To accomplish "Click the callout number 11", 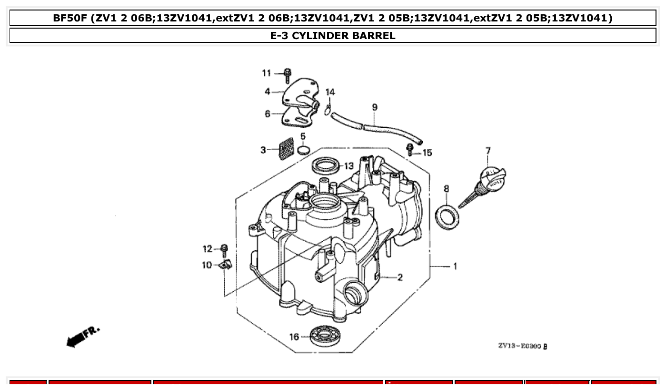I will coord(266,73).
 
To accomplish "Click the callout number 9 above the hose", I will coord(375,107).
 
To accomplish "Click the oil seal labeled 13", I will coord(327,165).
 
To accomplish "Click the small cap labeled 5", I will coord(303,151).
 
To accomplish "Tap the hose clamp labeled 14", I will coord(328,109).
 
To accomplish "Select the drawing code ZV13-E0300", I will coord(522,346).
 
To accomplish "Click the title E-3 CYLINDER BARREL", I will coord(333,36).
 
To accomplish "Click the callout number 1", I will coord(455,266).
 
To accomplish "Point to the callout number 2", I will coord(400,277).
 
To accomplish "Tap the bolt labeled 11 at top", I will coord(287,75).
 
